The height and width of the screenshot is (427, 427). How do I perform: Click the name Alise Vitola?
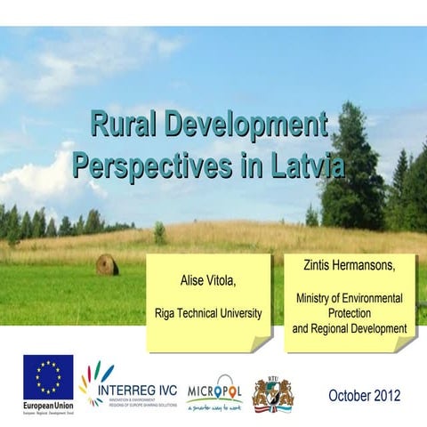pos(208,282)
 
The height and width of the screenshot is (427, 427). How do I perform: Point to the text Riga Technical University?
pos(208,313)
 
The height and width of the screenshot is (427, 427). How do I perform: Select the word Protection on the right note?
pos(349,314)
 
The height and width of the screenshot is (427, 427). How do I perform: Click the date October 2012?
pos(364,395)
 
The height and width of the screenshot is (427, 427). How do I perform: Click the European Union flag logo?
pos(48,378)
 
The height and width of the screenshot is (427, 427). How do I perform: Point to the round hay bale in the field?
pos(107,264)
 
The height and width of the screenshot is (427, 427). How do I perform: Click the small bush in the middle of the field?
pos(159,233)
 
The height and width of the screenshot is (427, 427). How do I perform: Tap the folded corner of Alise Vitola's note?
pos(262,343)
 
